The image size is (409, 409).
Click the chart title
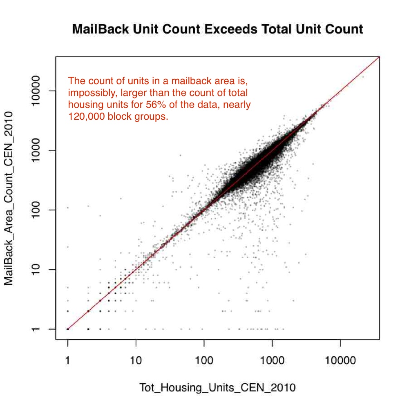[217, 29]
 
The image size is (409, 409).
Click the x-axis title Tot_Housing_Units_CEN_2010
[217, 387]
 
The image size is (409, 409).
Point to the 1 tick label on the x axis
[68, 360]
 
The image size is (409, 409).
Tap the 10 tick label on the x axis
[136, 360]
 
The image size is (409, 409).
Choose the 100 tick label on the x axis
[204, 360]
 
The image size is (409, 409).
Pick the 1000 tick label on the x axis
[272, 360]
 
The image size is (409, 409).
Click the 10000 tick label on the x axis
[340, 360]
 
